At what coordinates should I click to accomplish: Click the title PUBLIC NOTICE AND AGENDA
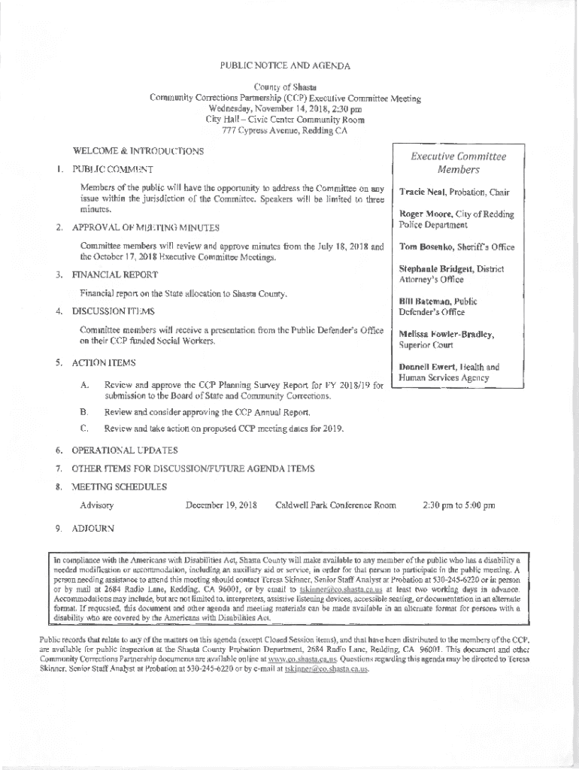(x=285, y=66)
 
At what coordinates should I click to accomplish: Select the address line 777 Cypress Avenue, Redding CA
(x=284, y=131)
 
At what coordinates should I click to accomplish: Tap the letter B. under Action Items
(x=84, y=412)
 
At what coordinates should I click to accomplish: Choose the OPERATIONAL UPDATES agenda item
(x=124, y=450)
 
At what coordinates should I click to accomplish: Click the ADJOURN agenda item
(x=92, y=529)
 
